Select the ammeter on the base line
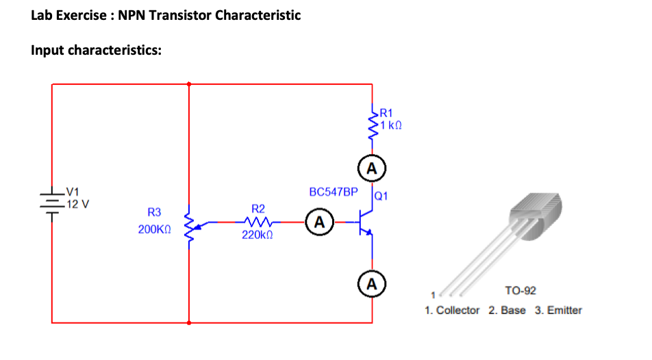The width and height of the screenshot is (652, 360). coord(319,222)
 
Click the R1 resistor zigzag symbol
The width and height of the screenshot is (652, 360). coord(373,123)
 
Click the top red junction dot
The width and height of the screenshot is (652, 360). coord(188,84)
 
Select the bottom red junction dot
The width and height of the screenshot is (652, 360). coord(188,322)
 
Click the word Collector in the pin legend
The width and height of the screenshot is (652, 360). coord(457,311)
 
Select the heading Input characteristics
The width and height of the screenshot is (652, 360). coord(97,51)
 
